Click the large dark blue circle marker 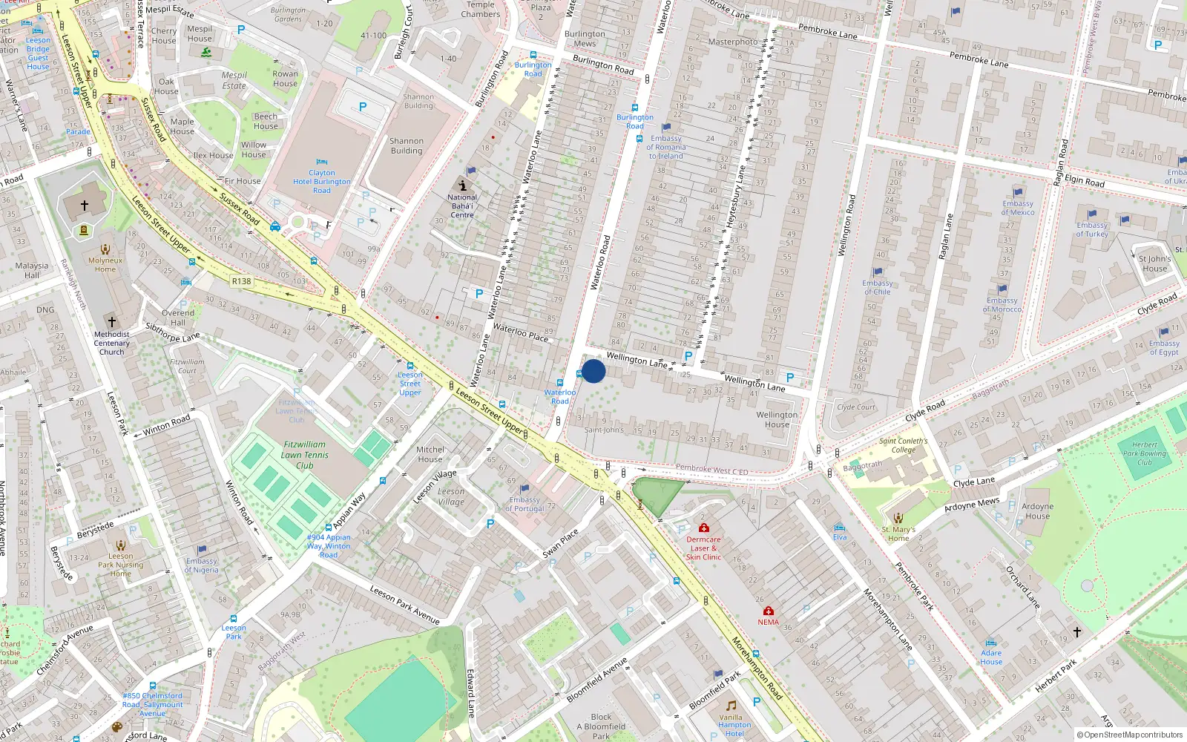(x=593, y=371)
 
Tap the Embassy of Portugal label (x=525, y=505)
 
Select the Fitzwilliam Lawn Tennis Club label (x=304, y=455)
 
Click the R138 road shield (x=241, y=281)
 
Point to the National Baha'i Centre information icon (x=463, y=185)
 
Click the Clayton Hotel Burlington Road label (x=321, y=181)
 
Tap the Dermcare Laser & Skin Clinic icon (x=703, y=528)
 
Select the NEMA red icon (x=769, y=611)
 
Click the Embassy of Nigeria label (x=201, y=565)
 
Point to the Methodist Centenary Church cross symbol (x=112, y=322)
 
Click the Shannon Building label (x=407, y=145)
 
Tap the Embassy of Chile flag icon (x=878, y=272)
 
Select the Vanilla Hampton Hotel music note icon (x=731, y=705)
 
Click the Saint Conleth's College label (x=903, y=445)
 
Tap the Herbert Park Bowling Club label (x=1144, y=453)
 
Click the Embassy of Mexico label (x=1017, y=208)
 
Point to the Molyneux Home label (x=105, y=265)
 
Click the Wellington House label (x=777, y=420)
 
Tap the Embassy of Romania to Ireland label (x=666, y=147)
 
